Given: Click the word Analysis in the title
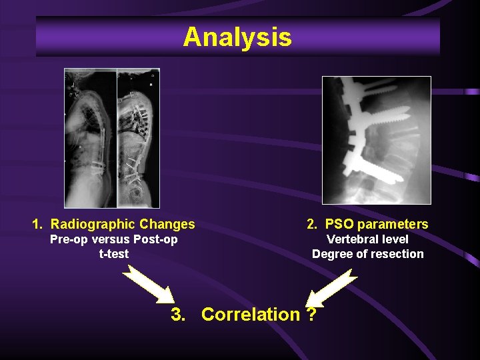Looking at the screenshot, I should (x=237, y=37).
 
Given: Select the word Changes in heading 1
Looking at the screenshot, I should (x=172, y=224).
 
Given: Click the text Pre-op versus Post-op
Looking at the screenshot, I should (x=114, y=239).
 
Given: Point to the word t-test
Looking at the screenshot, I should (x=114, y=254).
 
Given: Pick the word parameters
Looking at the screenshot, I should (x=393, y=224).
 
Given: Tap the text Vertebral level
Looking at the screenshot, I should (x=367, y=239).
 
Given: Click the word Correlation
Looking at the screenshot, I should (x=250, y=314).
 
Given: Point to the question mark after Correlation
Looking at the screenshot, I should (x=311, y=314).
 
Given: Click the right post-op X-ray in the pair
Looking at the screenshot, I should (x=138, y=138).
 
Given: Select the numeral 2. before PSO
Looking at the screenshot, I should (x=313, y=224).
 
